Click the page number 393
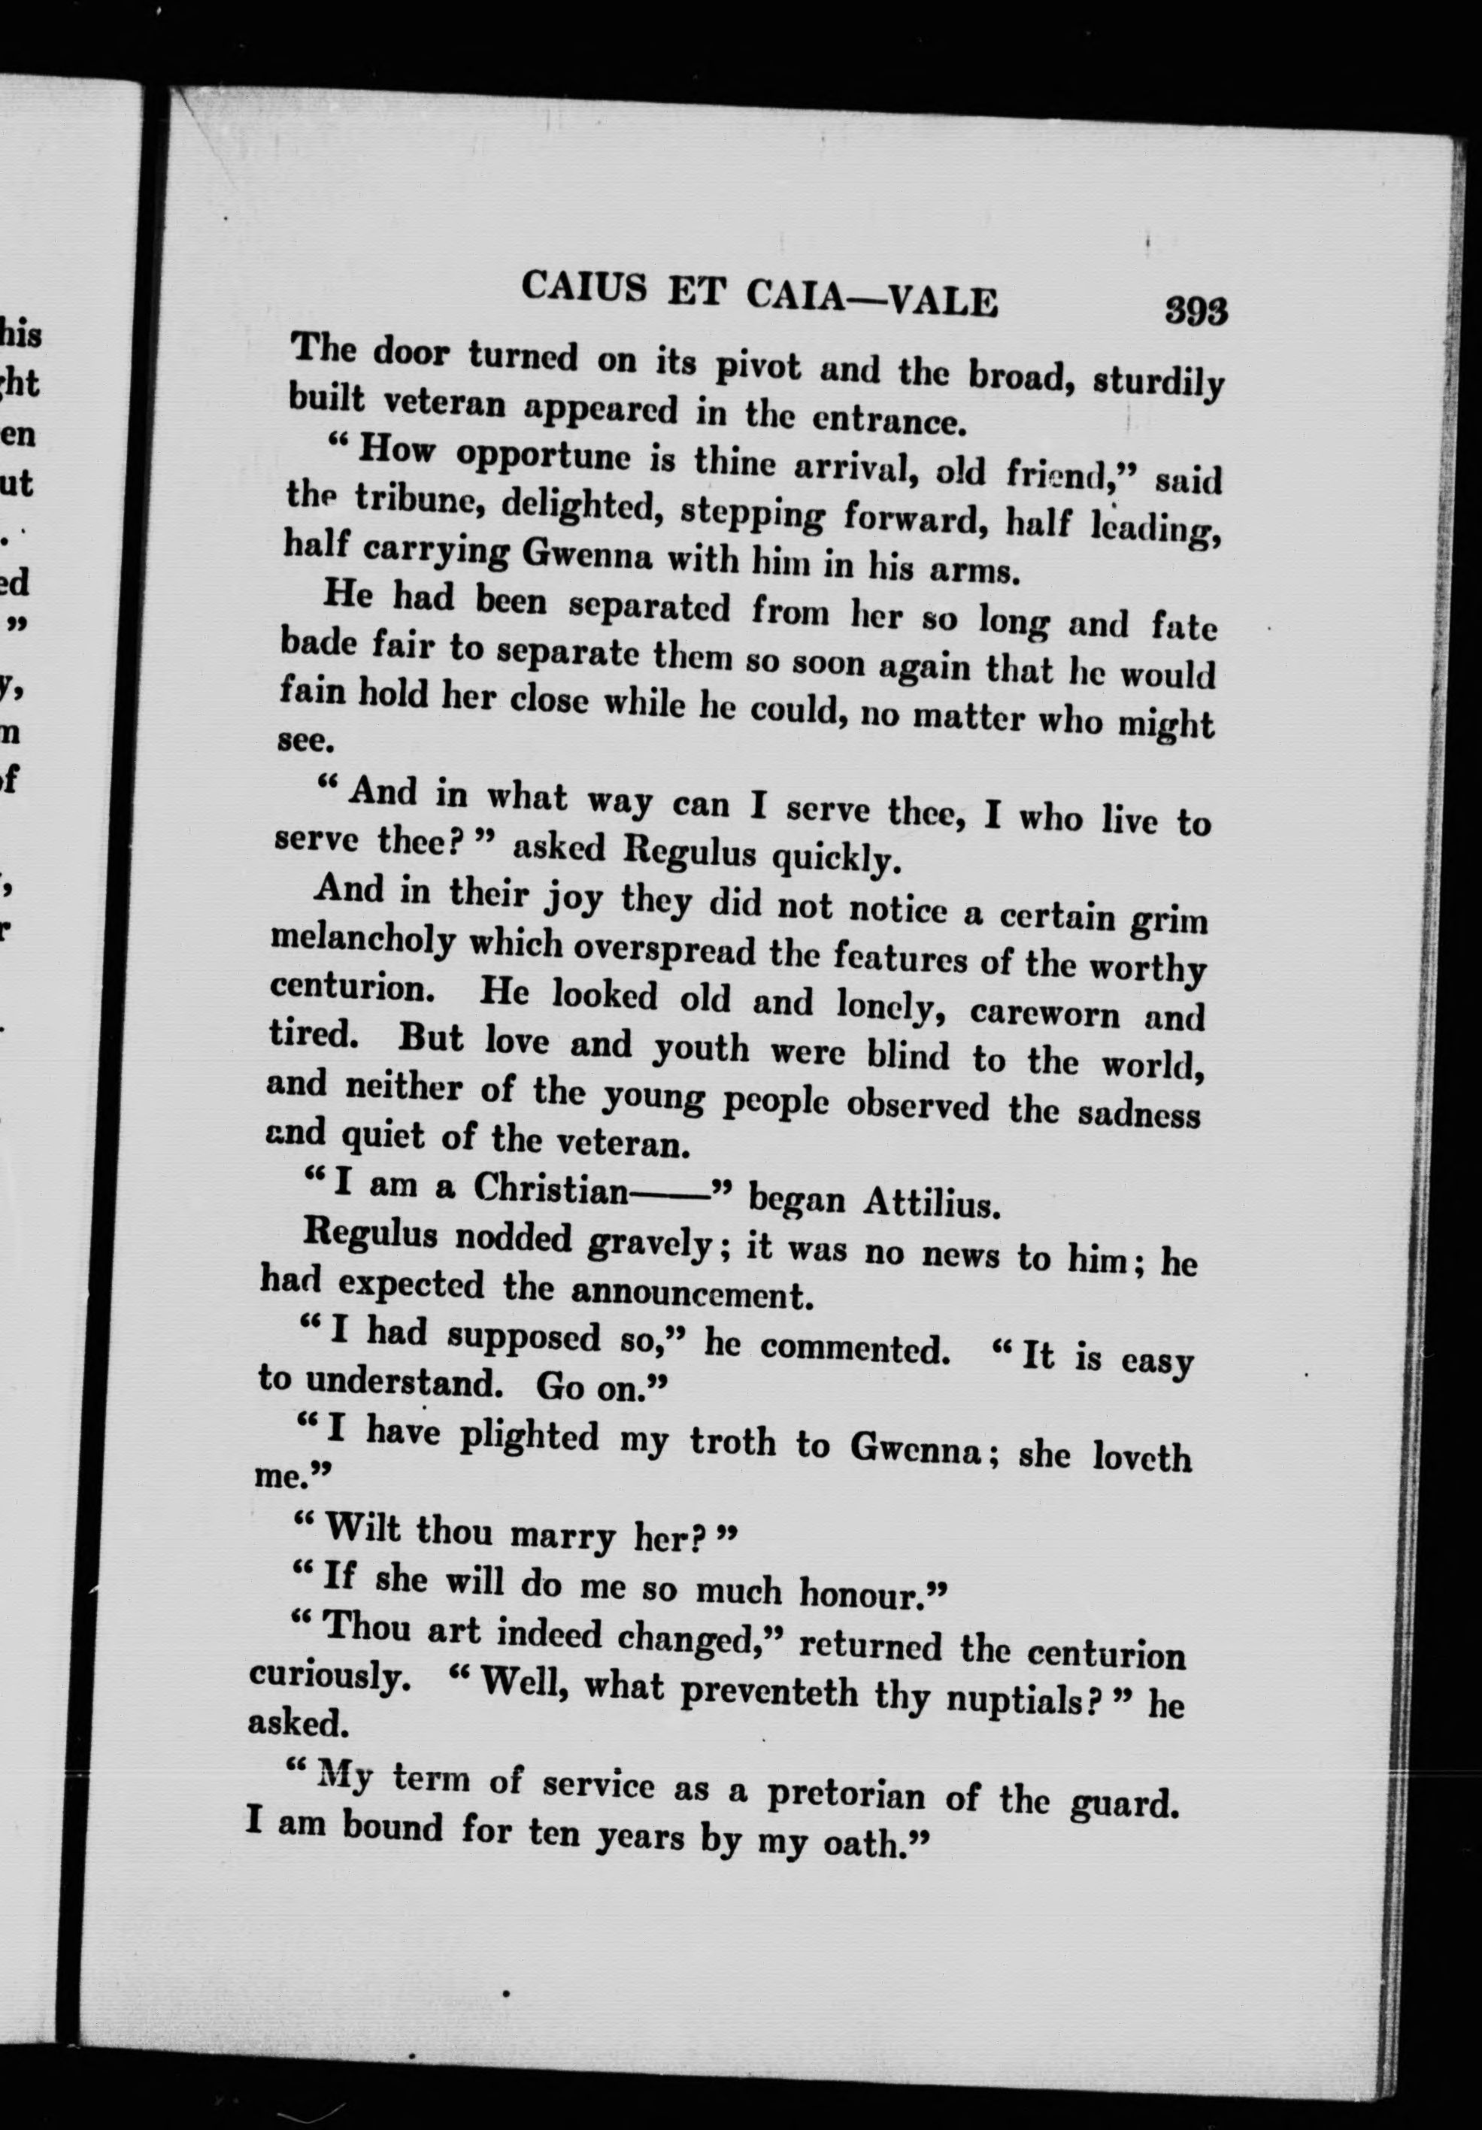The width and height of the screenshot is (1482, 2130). [x=1196, y=311]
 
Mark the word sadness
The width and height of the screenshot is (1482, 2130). [x=1139, y=1112]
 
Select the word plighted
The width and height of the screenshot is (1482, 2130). [x=529, y=1436]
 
